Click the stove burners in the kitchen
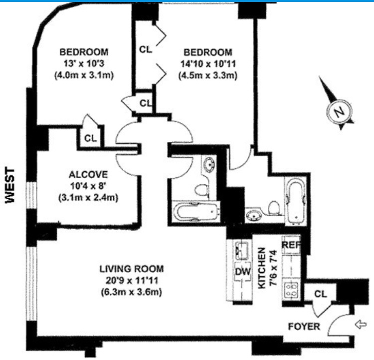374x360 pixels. tap(290, 289)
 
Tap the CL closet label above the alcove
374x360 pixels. tap(90, 137)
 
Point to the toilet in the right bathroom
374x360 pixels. tap(274, 206)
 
